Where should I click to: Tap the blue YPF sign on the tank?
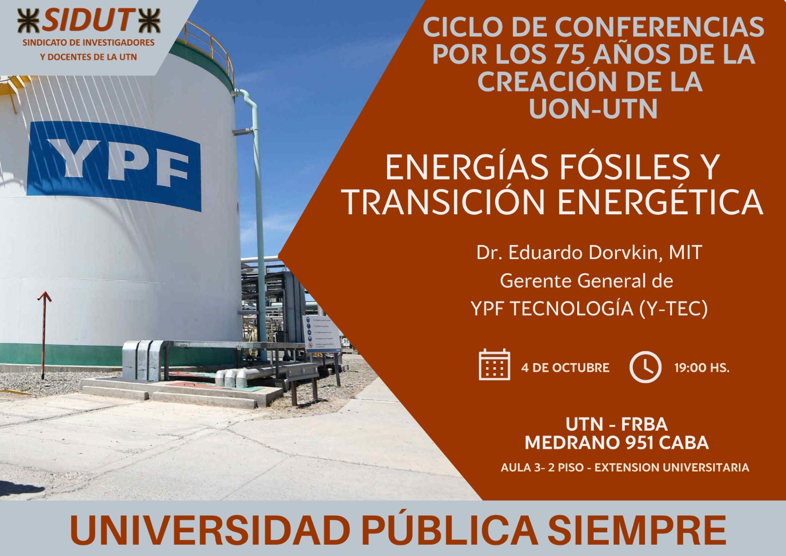[x=114, y=166]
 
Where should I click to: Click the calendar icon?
[x=494, y=365]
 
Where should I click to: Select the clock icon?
[x=646, y=367]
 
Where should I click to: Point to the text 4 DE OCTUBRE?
[x=565, y=368]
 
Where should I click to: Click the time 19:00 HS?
[x=702, y=368]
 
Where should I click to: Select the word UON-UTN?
[x=593, y=109]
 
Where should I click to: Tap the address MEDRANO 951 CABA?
[x=617, y=443]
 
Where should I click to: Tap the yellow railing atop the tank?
[x=209, y=44]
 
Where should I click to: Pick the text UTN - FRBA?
[x=617, y=424]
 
